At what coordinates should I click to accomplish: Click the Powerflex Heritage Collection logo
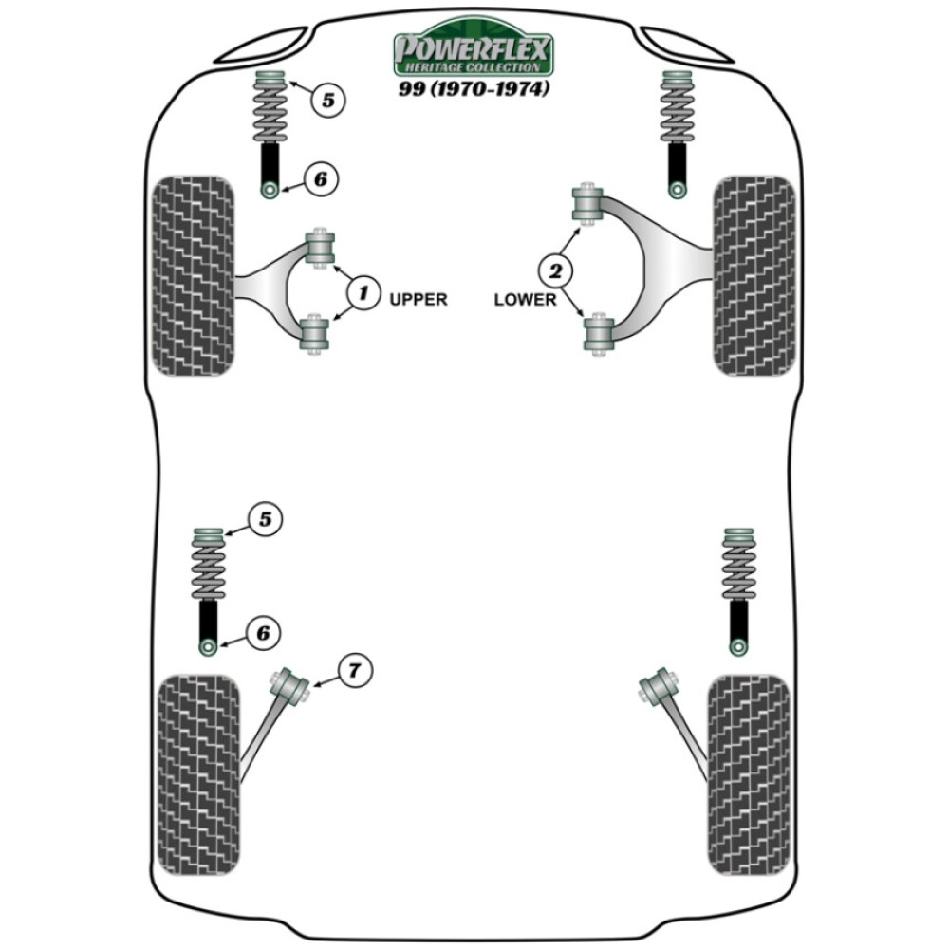(473, 54)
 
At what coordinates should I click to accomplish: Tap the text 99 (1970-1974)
(473, 90)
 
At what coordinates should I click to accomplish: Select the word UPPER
(418, 299)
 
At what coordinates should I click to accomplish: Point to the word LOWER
(525, 299)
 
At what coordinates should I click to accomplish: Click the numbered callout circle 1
(361, 292)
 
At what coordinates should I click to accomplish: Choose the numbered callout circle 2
(553, 272)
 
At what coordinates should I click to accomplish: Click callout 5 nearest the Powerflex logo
(326, 100)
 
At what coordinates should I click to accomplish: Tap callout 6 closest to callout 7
(265, 632)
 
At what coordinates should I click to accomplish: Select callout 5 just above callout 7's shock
(265, 519)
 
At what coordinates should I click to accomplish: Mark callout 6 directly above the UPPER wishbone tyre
(320, 177)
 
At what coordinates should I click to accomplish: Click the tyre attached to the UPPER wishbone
(193, 275)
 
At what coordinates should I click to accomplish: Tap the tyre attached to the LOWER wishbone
(754, 275)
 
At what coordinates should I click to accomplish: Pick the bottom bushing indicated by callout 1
(315, 334)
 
